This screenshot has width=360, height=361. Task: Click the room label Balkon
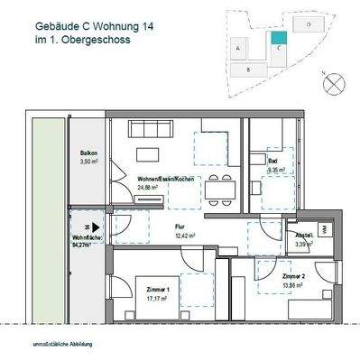[88, 154]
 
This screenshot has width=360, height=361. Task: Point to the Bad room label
[273, 162]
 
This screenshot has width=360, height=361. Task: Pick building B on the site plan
[245, 69]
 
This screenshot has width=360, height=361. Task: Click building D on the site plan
[309, 25]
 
